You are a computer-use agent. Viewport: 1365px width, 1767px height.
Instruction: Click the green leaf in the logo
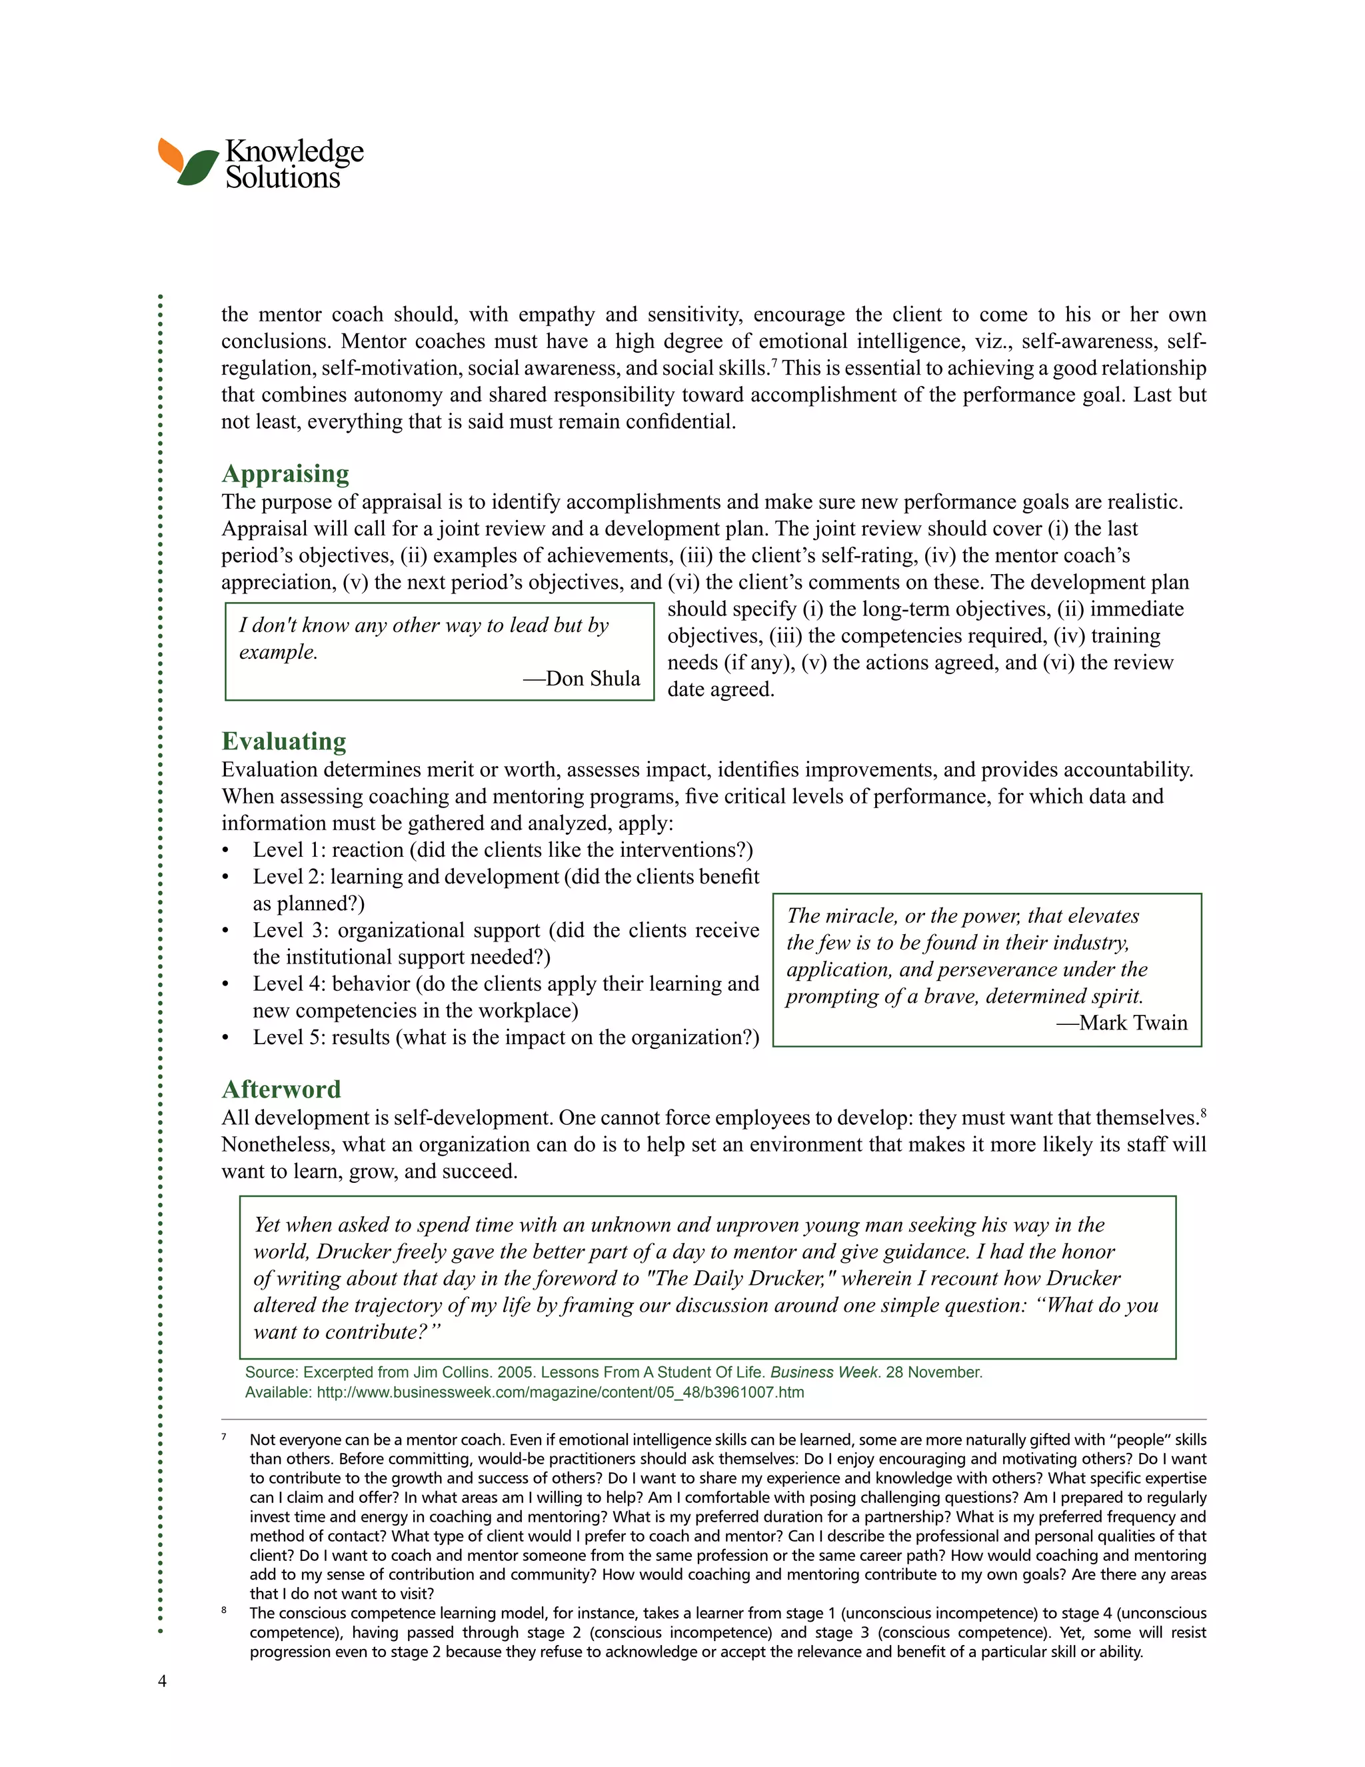199,167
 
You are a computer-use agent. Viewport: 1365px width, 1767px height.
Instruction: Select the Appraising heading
285,473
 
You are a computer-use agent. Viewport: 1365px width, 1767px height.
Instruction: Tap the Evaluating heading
284,741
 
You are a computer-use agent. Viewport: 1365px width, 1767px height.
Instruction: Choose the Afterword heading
281,1089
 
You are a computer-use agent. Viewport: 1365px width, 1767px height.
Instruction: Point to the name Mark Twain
1132,1024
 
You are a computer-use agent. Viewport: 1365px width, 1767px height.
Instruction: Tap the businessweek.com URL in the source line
560,1393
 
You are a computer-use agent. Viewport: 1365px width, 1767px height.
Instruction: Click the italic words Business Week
823,1373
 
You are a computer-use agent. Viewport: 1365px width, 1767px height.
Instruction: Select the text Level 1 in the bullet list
287,850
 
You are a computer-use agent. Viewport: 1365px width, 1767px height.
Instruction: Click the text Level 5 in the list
287,1038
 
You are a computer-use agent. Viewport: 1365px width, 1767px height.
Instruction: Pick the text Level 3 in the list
287,930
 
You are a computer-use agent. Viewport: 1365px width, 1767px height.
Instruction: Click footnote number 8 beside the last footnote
224,1611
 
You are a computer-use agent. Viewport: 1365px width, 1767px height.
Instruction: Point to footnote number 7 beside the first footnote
224,1438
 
